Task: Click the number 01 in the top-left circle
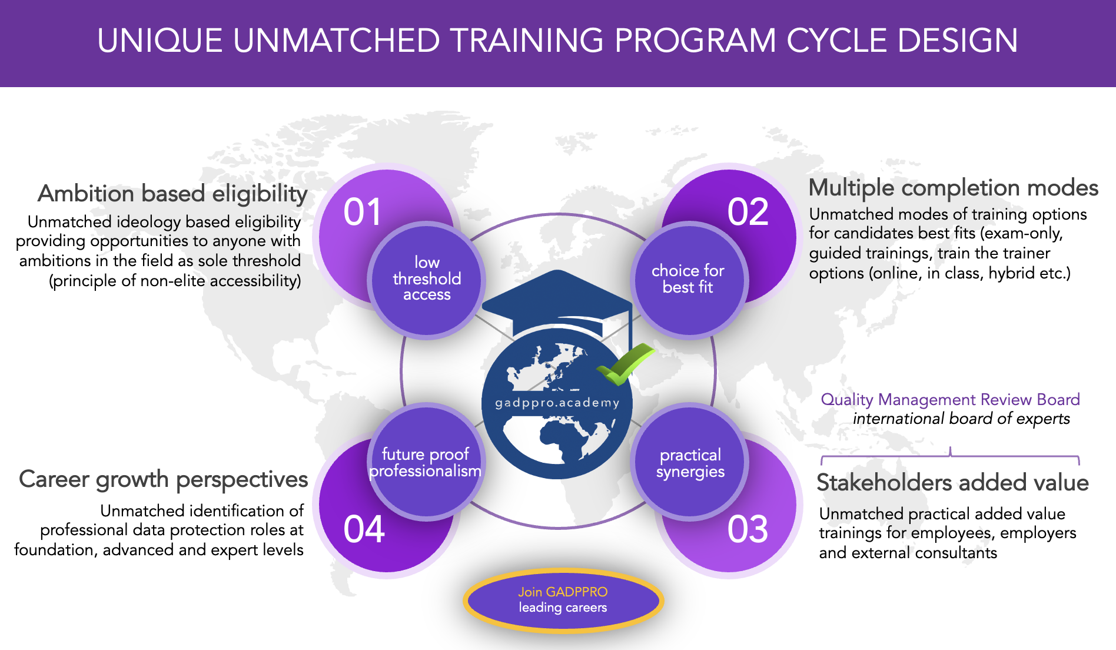point(363,212)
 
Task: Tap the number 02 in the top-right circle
point(748,212)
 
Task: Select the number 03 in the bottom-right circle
point(748,529)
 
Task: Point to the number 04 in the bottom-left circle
point(364,529)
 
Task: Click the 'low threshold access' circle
point(427,280)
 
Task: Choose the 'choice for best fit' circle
point(689,280)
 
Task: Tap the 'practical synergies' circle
point(690,462)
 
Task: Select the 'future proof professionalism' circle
point(426,462)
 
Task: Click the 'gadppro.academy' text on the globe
point(557,403)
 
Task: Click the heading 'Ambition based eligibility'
point(172,194)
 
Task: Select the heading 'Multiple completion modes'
point(954,188)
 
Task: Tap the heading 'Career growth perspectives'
point(164,480)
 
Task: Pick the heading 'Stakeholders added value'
point(952,483)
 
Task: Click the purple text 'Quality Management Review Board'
point(950,400)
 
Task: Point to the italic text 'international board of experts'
point(961,419)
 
